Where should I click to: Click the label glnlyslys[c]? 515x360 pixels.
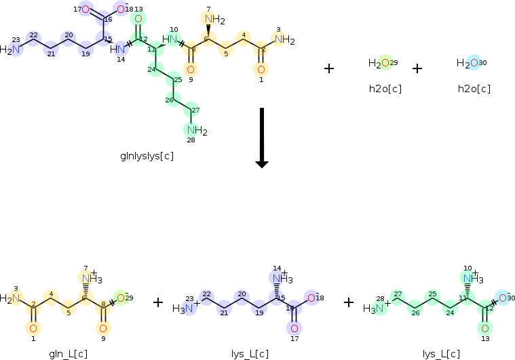(x=147, y=156)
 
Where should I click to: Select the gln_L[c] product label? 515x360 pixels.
(x=69, y=353)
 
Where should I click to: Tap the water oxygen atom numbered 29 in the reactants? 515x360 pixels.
(x=385, y=63)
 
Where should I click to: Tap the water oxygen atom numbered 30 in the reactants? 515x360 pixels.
(x=474, y=63)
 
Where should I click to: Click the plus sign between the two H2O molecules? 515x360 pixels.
(x=417, y=68)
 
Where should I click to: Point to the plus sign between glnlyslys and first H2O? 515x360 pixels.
(x=329, y=68)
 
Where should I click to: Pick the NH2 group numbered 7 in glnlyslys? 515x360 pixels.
(x=213, y=20)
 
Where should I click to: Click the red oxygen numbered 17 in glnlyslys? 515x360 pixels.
(x=85, y=9)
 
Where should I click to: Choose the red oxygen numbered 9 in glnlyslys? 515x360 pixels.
(x=190, y=69)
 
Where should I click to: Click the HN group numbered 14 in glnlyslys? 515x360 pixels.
(x=119, y=49)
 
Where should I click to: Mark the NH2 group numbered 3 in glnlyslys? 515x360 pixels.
(x=284, y=40)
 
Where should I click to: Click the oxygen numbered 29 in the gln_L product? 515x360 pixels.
(x=121, y=297)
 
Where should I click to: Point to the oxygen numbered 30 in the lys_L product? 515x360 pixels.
(x=503, y=297)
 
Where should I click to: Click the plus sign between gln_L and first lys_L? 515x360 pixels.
(x=158, y=302)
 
